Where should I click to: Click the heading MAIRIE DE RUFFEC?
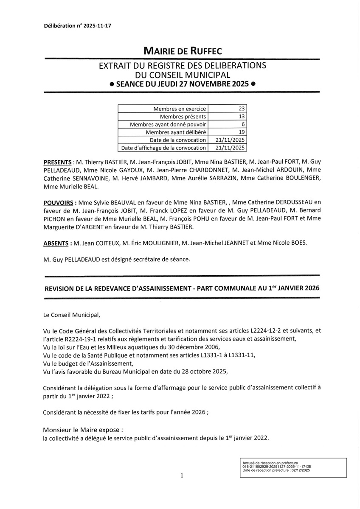pos(182,52)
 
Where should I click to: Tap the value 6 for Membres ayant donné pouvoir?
pos(243,124)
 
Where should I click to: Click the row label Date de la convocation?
pos(178,140)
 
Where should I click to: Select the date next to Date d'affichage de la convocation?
pos(230,148)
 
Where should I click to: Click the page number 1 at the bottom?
pos(182,476)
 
